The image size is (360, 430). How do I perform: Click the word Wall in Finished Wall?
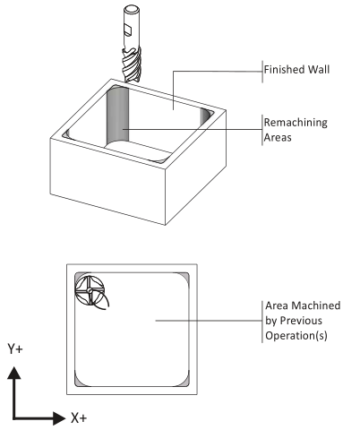click(319, 70)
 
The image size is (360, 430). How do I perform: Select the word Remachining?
click(296, 123)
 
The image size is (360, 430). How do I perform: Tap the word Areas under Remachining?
click(278, 138)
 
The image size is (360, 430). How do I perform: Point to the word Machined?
click(316, 305)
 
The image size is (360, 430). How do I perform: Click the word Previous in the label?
click(301, 321)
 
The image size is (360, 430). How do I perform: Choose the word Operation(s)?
click(296, 336)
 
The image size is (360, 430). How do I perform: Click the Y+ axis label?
click(15, 348)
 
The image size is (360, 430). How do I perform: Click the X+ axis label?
click(79, 417)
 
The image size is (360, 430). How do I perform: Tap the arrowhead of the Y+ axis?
click(14, 374)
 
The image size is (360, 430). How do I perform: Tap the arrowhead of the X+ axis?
click(59, 417)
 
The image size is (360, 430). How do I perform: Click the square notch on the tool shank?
click(128, 30)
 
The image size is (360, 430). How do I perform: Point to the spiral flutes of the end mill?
click(132, 64)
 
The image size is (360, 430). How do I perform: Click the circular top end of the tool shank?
click(132, 9)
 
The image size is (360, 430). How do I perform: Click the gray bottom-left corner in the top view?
click(78, 383)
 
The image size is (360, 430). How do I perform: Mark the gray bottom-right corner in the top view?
click(185, 383)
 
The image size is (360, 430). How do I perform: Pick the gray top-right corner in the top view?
click(185, 276)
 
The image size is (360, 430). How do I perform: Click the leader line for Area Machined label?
click(209, 321)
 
